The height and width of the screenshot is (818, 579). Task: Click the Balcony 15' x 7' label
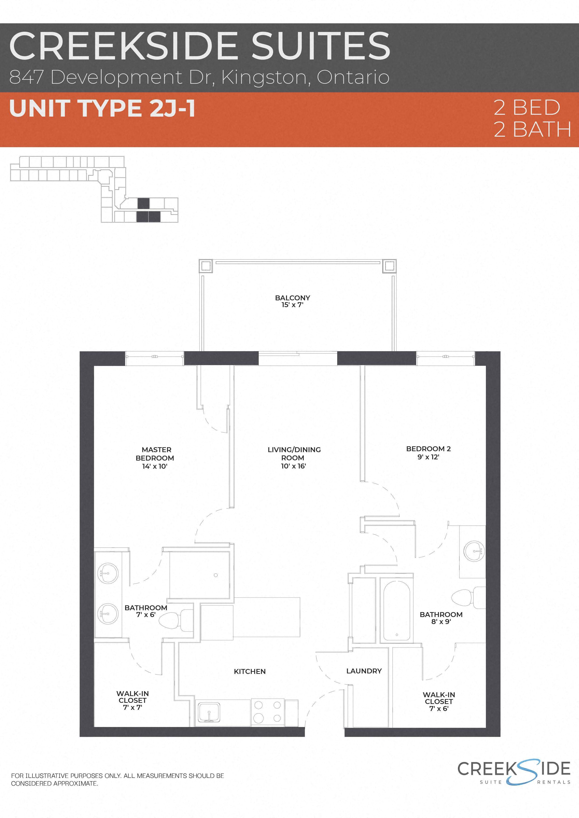click(x=292, y=301)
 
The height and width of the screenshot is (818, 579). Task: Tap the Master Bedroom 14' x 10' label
click(x=155, y=458)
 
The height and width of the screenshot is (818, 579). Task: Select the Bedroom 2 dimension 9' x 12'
click(x=428, y=457)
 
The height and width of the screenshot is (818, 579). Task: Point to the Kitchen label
click(x=249, y=672)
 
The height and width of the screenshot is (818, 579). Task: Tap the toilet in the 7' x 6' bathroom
click(x=175, y=621)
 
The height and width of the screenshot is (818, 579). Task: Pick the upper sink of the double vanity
click(x=108, y=573)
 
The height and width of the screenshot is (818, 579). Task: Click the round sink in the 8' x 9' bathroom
click(x=474, y=551)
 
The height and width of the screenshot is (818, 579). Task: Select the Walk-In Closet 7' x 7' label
click(x=133, y=700)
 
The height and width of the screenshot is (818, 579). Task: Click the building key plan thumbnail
click(x=95, y=189)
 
